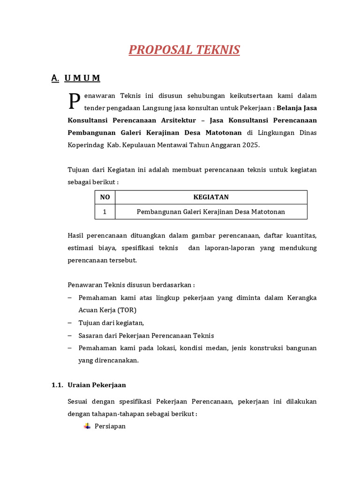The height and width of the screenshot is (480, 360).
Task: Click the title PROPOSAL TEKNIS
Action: pyautogui.click(x=184, y=50)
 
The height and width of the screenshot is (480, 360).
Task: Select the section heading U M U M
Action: pyautogui.click(x=82, y=78)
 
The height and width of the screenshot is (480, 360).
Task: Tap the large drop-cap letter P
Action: pyautogui.click(x=74, y=100)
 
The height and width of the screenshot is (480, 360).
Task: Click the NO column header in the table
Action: pyautogui.click(x=105, y=197)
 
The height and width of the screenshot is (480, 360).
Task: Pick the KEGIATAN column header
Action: pyautogui.click(x=211, y=197)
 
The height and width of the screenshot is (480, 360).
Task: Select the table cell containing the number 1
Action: pyautogui.click(x=105, y=212)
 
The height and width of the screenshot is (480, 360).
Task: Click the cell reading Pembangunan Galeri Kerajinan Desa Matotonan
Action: pyautogui.click(x=211, y=212)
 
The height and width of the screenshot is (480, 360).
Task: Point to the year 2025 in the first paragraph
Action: pyautogui.click(x=250, y=145)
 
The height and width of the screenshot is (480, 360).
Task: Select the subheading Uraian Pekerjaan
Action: pyautogui.click(x=97, y=385)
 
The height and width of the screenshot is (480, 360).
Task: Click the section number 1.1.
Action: pyautogui.click(x=57, y=385)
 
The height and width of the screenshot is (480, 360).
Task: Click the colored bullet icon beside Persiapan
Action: pyautogui.click(x=87, y=426)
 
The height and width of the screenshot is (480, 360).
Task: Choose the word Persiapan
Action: pyautogui.click(x=110, y=427)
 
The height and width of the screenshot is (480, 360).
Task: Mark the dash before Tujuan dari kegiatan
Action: pyautogui.click(x=70, y=323)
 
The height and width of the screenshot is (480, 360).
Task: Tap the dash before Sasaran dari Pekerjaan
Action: pyautogui.click(x=70, y=336)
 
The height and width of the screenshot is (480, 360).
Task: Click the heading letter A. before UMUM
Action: pyautogui.click(x=55, y=78)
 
